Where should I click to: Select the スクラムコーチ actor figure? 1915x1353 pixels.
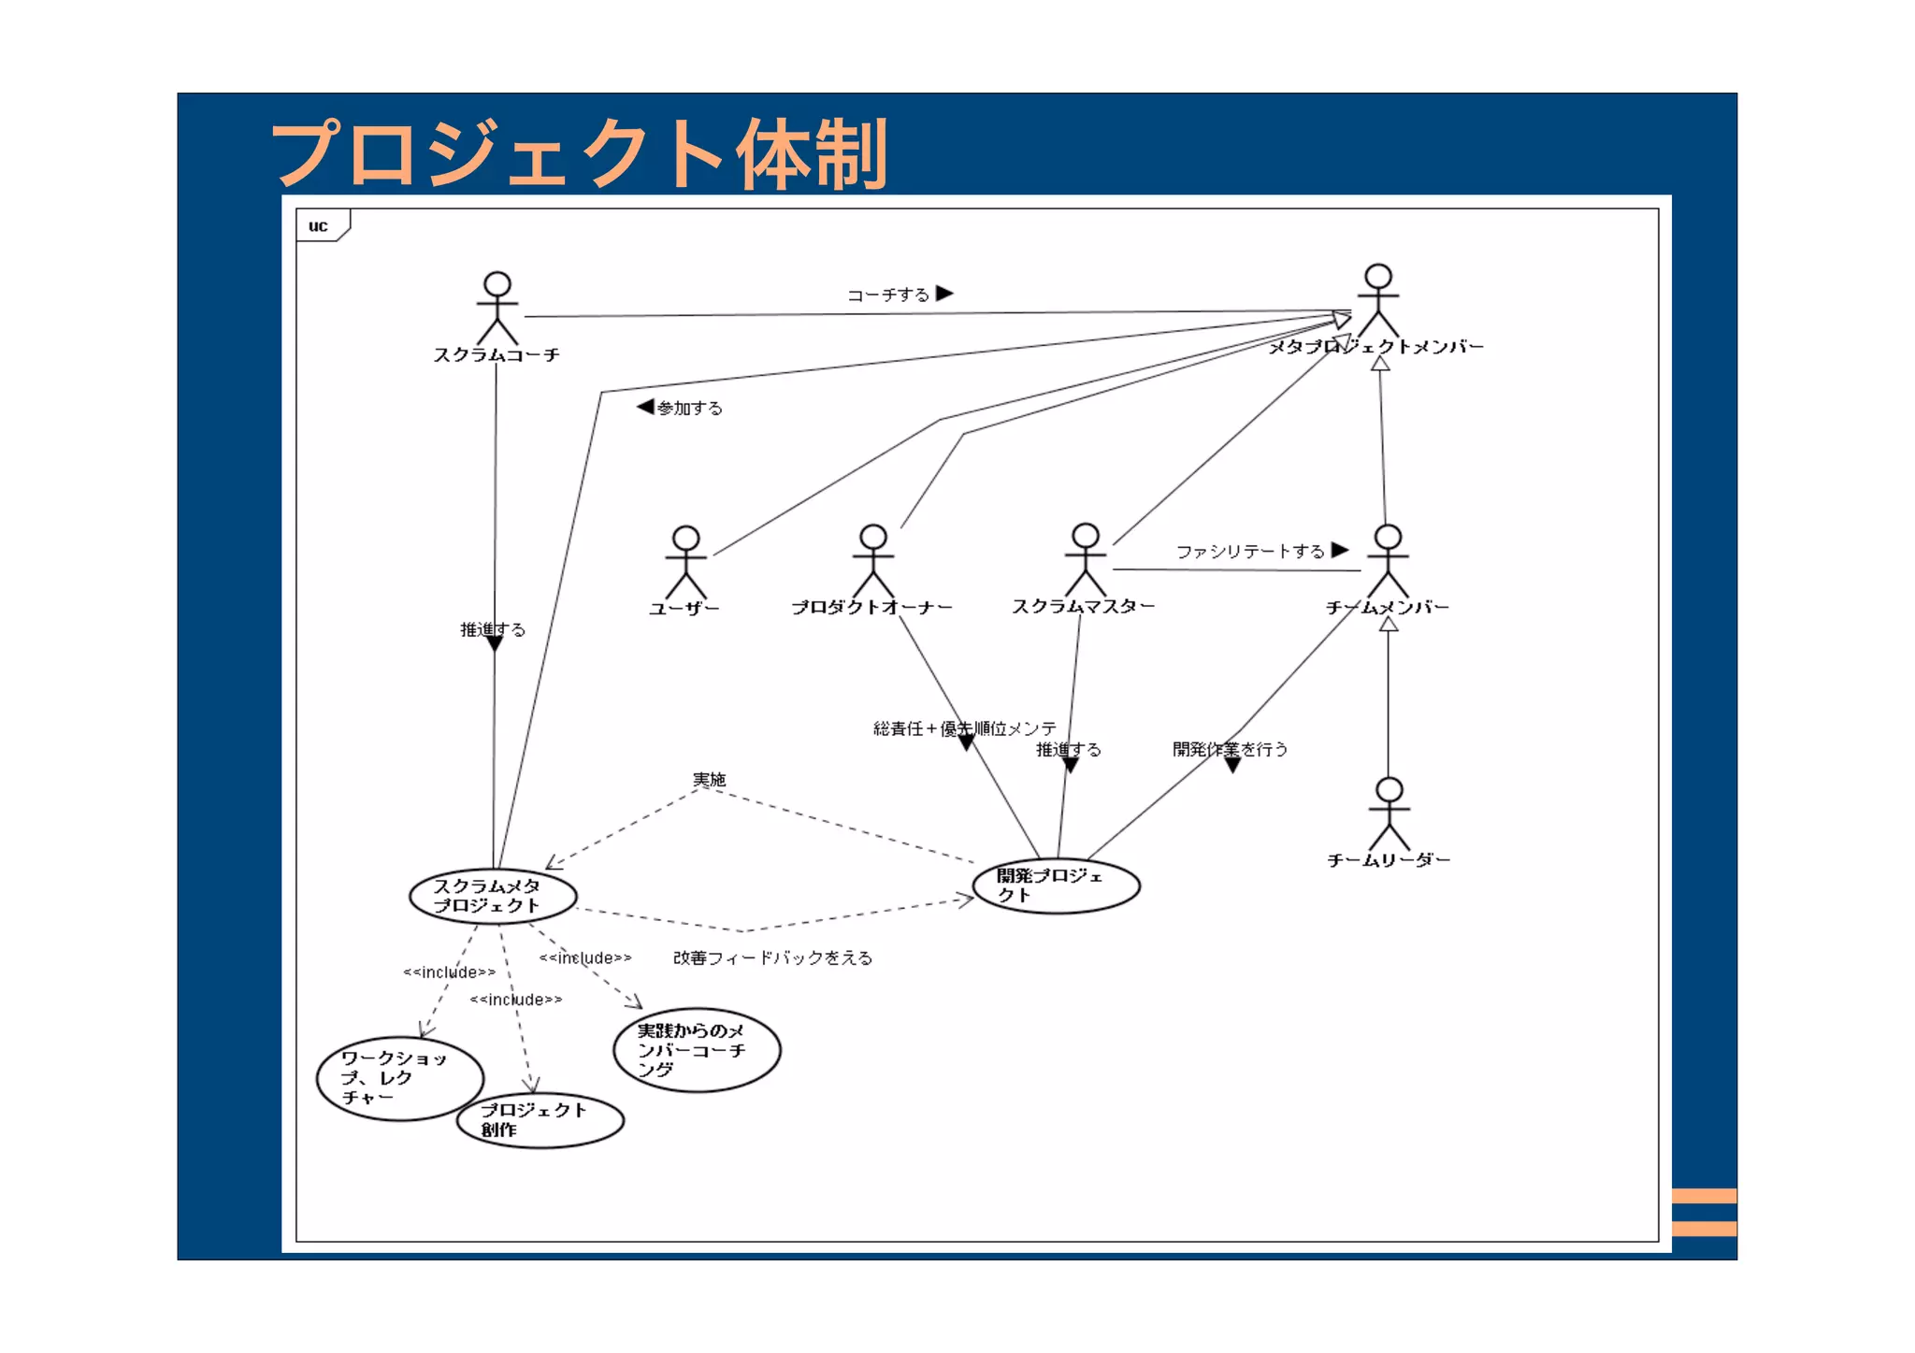(497, 309)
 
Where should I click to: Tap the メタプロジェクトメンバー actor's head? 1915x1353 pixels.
(1377, 277)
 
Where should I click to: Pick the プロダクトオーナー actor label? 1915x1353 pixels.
(871, 608)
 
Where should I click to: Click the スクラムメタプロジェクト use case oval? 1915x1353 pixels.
(492, 896)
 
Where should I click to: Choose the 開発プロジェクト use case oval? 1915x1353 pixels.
(1056, 885)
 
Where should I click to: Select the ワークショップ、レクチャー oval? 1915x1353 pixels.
(399, 1078)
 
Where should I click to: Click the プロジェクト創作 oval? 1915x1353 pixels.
(540, 1120)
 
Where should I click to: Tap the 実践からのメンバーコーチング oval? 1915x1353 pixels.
(697, 1050)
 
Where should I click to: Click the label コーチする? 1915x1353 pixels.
(888, 295)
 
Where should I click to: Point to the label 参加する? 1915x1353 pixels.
(689, 408)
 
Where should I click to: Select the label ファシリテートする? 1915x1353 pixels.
(1250, 552)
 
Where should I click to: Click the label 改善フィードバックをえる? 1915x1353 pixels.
(772, 957)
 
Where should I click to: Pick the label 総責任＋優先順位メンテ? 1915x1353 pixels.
(963, 728)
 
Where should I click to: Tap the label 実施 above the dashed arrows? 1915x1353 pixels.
(709, 779)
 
